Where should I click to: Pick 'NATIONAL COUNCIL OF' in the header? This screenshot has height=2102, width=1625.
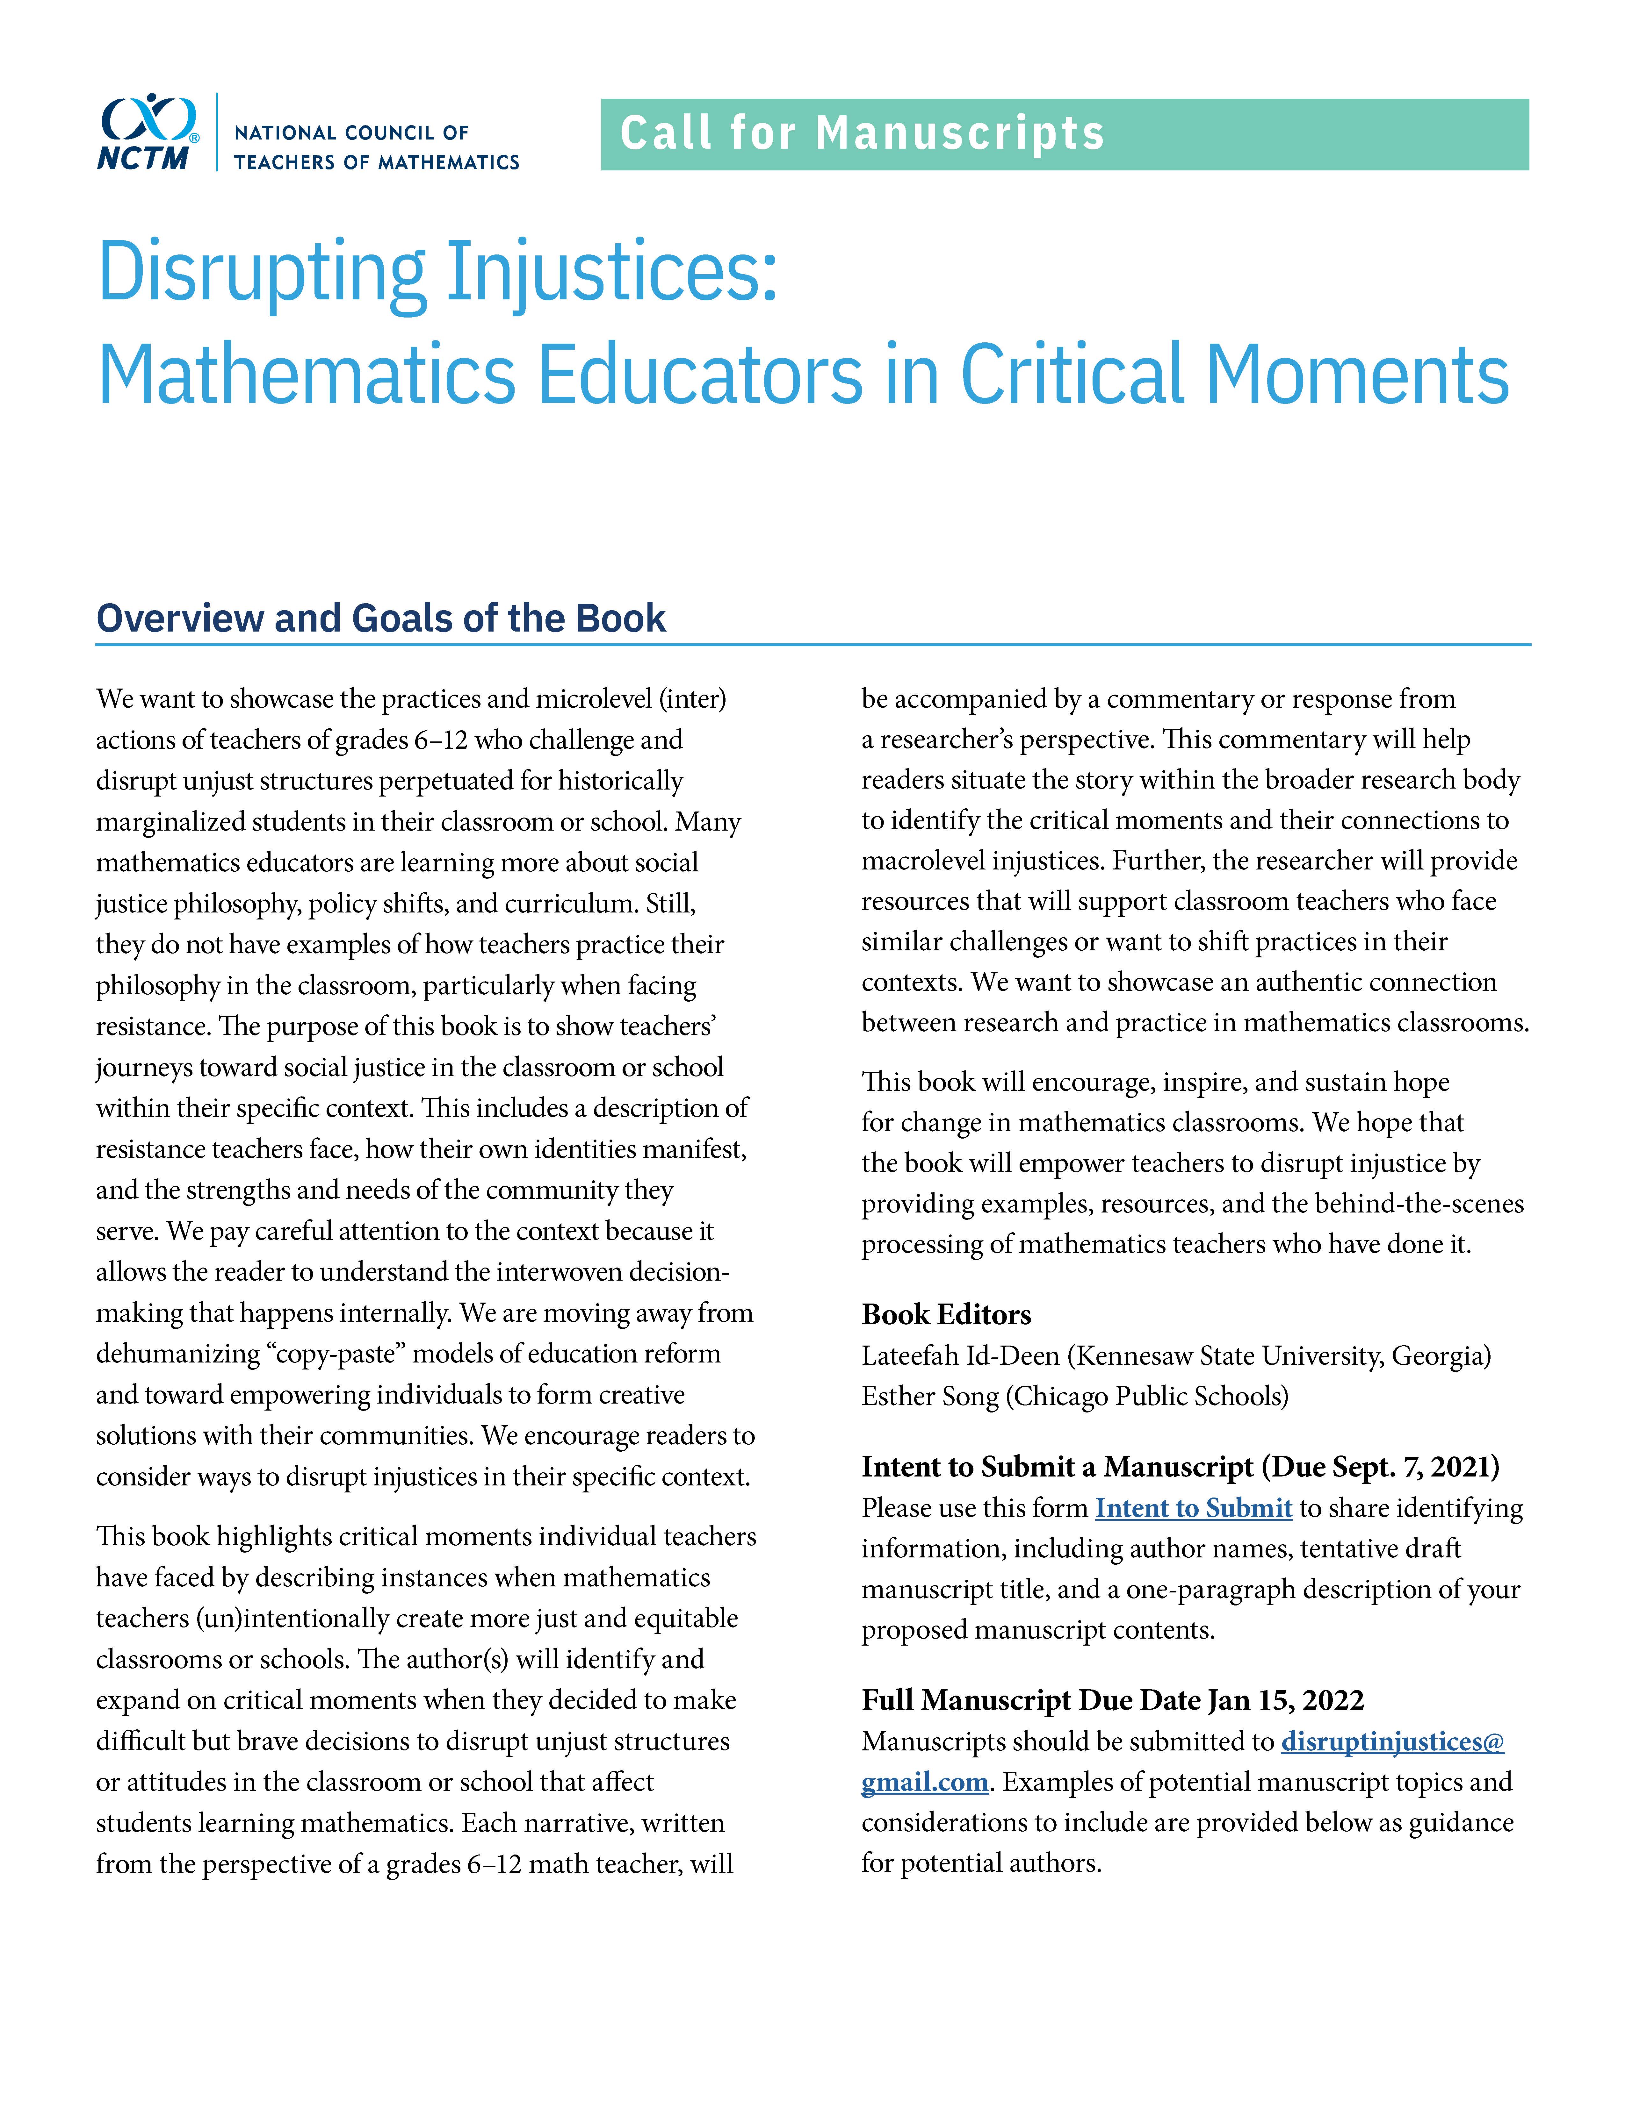pos(351,133)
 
